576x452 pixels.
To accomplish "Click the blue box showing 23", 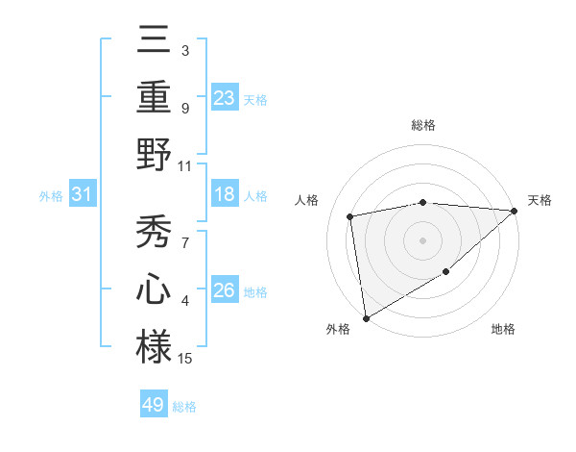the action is (x=225, y=97).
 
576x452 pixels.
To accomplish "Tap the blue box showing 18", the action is (x=225, y=194).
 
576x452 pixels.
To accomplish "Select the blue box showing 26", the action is (x=225, y=290).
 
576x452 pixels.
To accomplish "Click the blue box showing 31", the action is (x=83, y=194).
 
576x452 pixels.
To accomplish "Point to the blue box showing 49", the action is (x=154, y=405).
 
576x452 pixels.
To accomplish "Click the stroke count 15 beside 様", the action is (x=185, y=359).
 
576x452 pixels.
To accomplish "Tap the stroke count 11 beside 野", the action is (x=185, y=165).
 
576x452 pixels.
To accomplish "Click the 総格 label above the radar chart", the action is (x=422, y=125).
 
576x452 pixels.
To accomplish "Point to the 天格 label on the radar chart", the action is (x=540, y=200).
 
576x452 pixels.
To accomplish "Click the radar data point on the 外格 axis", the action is (x=366, y=317).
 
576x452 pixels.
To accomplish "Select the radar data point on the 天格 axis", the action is (x=514, y=211).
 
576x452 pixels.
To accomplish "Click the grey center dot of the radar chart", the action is (x=422, y=239).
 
